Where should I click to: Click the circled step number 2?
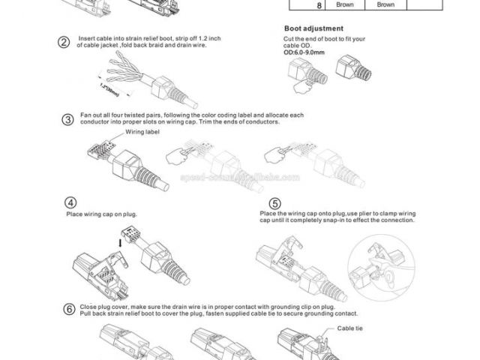(x=64, y=41)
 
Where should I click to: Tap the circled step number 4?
(x=70, y=202)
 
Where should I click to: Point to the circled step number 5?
(x=275, y=203)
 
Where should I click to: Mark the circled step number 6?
(x=69, y=309)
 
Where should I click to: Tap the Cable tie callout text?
(x=350, y=328)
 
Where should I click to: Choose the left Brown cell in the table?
(x=345, y=4)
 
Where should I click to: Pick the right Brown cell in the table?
(x=385, y=4)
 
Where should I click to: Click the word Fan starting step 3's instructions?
(x=85, y=115)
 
